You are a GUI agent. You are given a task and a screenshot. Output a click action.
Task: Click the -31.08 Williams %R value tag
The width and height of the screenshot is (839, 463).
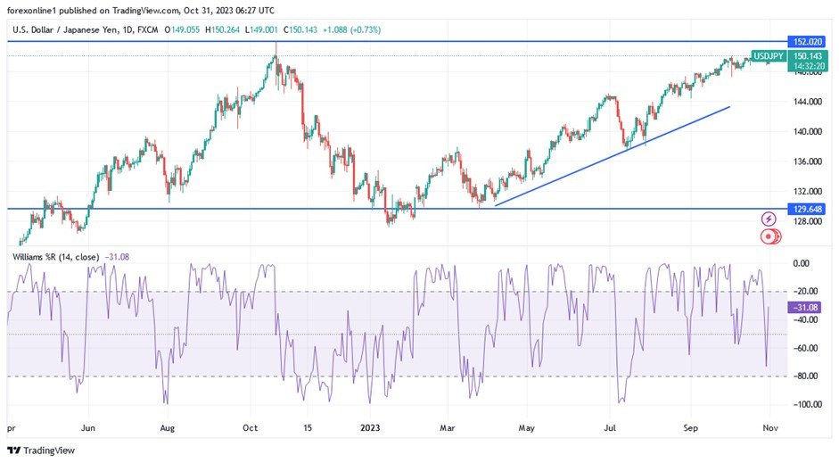(x=805, y=307)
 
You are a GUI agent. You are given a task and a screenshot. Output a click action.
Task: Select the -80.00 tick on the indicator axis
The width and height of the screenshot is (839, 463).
(x=807, y=376)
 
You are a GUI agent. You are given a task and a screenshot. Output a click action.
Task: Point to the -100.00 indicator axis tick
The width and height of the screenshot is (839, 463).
(x=807, y=404)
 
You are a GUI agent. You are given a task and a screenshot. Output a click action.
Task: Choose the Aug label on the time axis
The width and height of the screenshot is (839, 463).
(x=166, y=427)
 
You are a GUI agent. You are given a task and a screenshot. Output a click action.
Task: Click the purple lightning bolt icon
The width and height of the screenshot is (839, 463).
(x=769, y=219)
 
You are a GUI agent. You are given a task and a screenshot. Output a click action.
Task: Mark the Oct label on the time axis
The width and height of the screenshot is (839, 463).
(x=251, y=427)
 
